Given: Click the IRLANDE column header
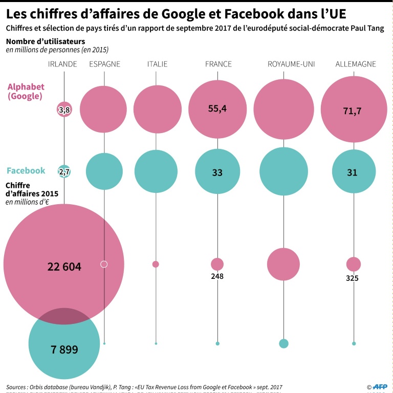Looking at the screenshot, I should (x=62, y=64).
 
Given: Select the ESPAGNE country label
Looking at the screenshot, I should (x=105, y=64).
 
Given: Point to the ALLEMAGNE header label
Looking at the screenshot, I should (x=356, y=64).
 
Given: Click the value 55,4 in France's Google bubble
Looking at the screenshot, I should (x=217, y=108).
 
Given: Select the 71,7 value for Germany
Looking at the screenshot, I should (x=354, y=110).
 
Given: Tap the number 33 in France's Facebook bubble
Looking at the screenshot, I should (x=217, y=173).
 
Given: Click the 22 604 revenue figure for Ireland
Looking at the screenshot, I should (x=64, y=267).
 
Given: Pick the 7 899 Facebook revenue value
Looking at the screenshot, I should (x=64, y=350).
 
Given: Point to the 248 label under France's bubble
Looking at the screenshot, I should (x=217, y=276).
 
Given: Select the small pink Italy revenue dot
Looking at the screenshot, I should (x=156, y=264).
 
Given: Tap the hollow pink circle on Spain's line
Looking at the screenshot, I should (x=104, y=264).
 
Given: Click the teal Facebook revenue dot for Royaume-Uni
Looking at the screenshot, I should (x=283, y=343).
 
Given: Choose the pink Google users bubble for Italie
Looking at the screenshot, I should (x=157, y=109).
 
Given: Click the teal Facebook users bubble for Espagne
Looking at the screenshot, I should (x=104, y=171).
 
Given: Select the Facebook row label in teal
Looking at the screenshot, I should (x=26, y=171).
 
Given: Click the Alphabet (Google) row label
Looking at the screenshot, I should (x=26, y=91).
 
